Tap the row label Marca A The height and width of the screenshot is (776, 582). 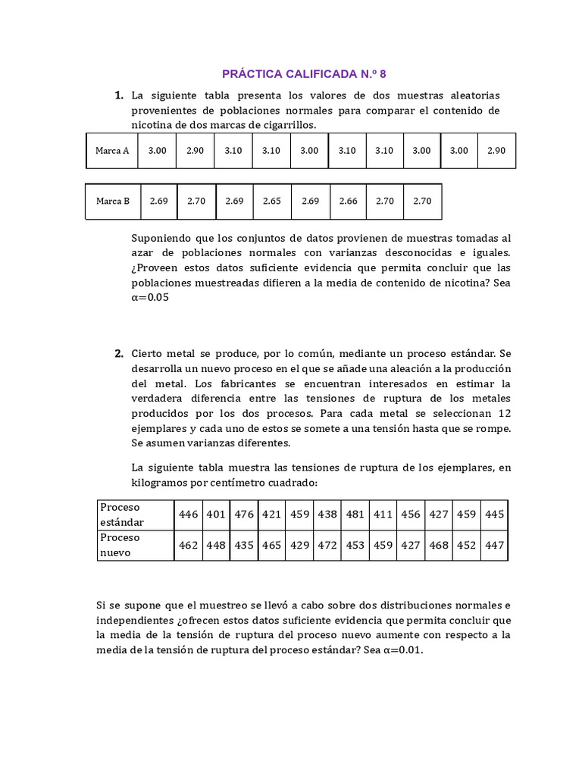(112, 151)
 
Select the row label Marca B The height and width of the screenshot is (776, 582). (113, 202)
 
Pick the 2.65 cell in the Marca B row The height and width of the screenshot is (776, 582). (271, 202)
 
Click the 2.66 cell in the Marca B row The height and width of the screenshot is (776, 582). (347, 202)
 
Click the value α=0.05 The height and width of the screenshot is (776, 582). (150, 298)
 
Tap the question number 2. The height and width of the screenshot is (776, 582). (119, 353)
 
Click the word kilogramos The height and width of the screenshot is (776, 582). (161, 483)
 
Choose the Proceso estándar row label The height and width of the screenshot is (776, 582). (123, 515)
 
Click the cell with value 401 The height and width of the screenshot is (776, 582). (216, 515)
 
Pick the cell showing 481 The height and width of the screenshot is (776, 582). (355, 515)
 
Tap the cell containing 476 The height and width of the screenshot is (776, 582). (244, 515)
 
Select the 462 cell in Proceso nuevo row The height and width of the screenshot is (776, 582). (188, 545)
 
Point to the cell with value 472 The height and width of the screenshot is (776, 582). (327, 545)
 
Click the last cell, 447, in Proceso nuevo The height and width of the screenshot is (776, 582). (495, 545)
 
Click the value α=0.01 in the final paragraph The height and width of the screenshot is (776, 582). (402, 650)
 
